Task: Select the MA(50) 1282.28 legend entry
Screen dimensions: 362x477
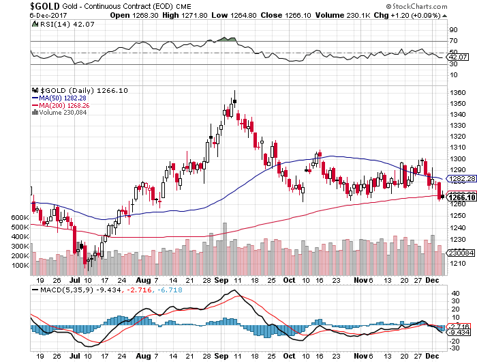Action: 61,98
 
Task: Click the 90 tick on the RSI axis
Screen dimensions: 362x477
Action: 452,31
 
